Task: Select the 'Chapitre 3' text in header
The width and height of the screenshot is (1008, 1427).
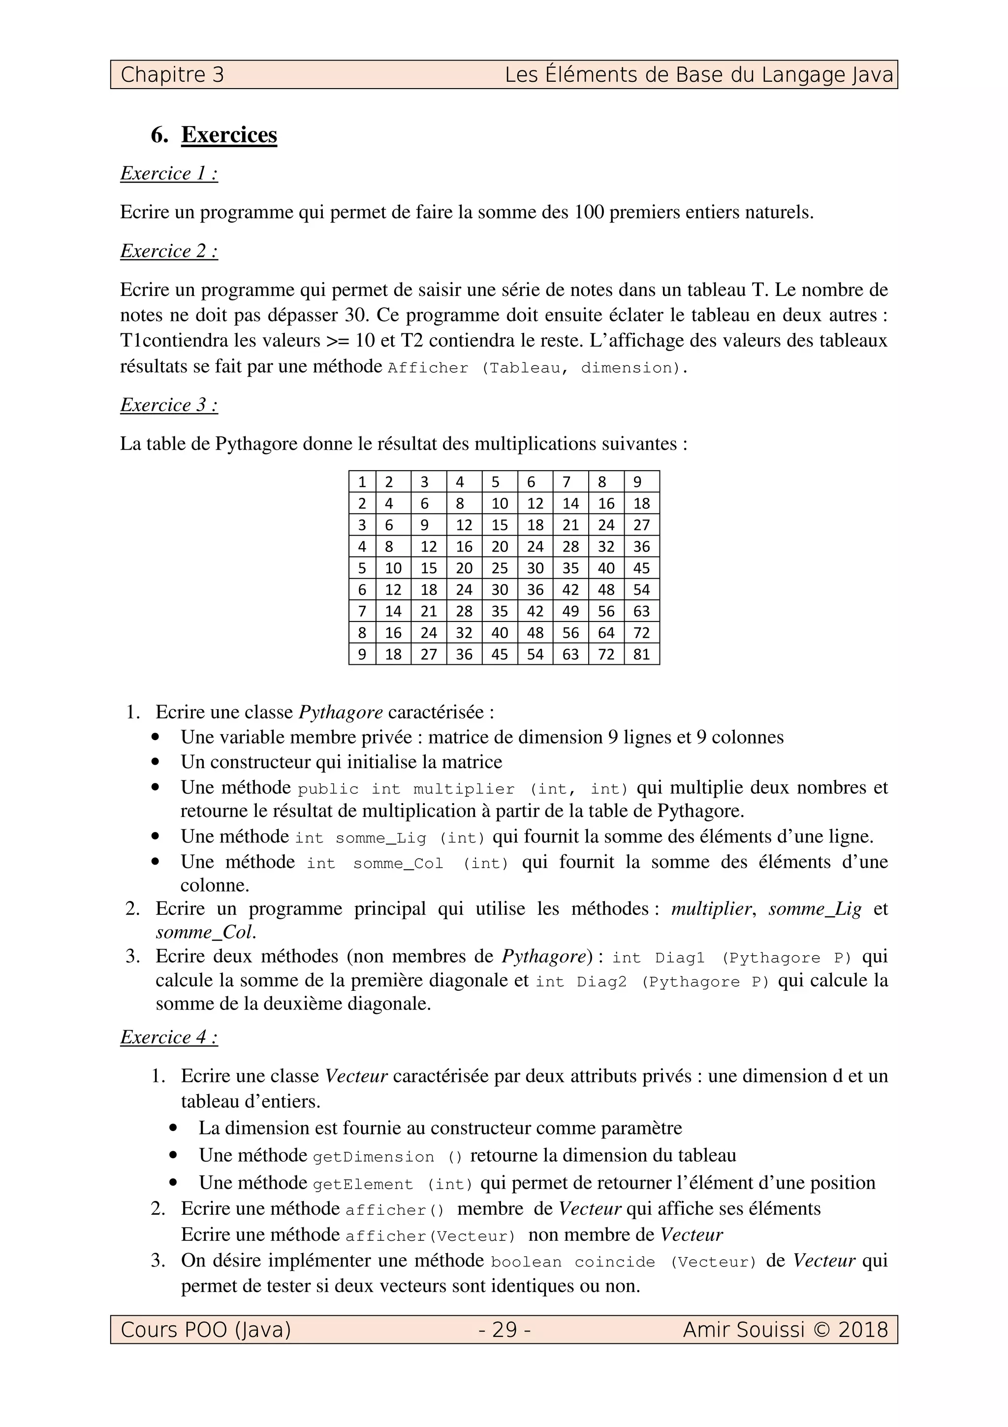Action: pos(172,75)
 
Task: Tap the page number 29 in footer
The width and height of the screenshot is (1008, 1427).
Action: pos(504,1330)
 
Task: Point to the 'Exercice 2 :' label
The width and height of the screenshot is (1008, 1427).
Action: pos(169,251)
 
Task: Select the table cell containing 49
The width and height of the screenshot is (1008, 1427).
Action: pos(570,612)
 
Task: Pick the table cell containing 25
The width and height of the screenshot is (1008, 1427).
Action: pos(500,568)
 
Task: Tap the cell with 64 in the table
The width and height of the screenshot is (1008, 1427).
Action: pos(605,633)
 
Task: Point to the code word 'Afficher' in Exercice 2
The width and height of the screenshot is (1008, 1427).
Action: pos(428,368)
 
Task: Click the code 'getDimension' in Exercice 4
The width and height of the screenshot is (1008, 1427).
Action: pos(373,1157)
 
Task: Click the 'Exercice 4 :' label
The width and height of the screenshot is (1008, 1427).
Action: pos(169,1038)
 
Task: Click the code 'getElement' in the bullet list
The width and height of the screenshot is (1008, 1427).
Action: pos(363,1184)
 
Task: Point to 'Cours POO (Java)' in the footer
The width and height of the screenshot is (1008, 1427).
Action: pos(206,1330)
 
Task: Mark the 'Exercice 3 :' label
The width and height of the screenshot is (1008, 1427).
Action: pos(169,405)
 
